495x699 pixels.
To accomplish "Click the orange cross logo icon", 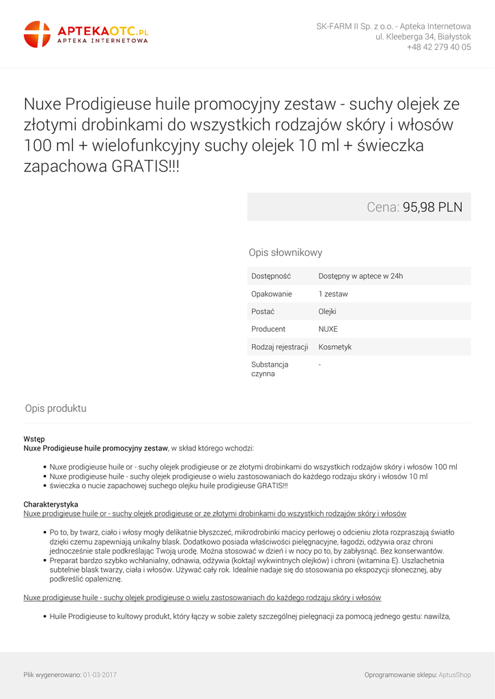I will (37, 34).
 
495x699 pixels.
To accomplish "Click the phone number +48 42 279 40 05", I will (438, 47).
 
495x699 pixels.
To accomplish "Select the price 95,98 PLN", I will (432, 207).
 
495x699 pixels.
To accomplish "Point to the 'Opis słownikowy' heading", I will (285, 253).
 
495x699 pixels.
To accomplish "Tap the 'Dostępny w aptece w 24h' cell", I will (360, 276).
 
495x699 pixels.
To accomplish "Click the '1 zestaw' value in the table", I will (333, 294).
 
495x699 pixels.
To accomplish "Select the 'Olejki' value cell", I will (327, 312).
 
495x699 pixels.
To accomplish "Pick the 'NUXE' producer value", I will (328, 329).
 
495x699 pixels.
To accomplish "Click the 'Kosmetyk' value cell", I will (335, 347).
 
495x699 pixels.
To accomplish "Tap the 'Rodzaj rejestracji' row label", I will (279, 347).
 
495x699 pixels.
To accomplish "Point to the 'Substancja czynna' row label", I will (270, 369).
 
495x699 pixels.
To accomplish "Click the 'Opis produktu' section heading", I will (55, 408).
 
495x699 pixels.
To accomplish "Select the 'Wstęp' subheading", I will (34, 439).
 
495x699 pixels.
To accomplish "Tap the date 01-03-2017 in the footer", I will (100, 674).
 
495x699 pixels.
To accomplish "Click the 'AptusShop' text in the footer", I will (454, 674).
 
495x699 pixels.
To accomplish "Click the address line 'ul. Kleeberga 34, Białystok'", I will (423, 37).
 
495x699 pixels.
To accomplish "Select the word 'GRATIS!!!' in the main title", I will (145, 166).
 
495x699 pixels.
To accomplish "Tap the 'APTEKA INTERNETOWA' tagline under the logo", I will (102, 41).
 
